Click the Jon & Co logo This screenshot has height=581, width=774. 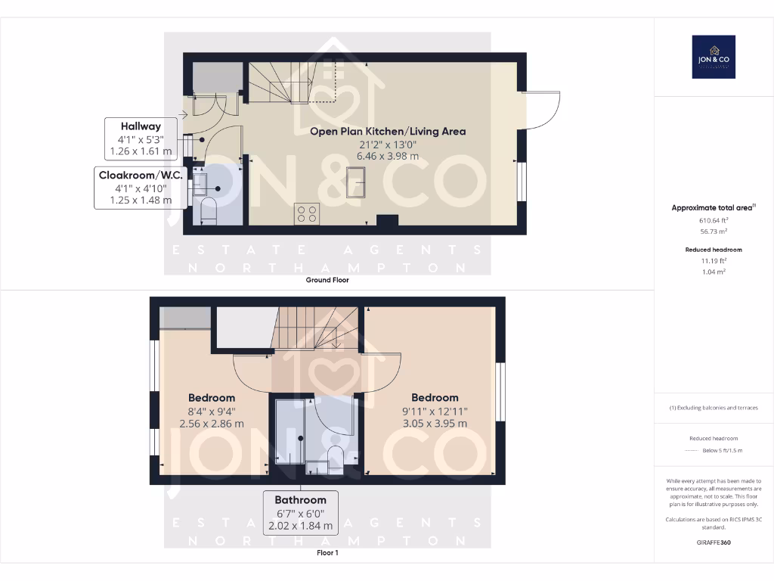[x=714, y=57]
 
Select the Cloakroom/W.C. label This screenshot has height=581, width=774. [x=133, y=175]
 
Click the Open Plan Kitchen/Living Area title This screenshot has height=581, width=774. [x=388, y=131]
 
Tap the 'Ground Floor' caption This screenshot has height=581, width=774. [x=327, y=280]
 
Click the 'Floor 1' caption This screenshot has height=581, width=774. [x=327, y=553]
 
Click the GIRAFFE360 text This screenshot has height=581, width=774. [x=714, y=542]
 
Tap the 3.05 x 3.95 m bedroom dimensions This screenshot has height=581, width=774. [x=435, y=424]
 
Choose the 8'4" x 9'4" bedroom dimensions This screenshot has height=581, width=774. [x=212, y=412]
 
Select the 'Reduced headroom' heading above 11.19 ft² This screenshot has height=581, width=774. [x=714, y=250]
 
